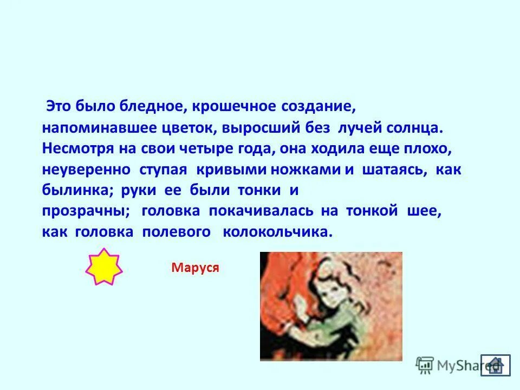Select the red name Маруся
[195, 268]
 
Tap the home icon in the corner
[495, 365]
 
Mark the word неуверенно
[87, 170]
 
